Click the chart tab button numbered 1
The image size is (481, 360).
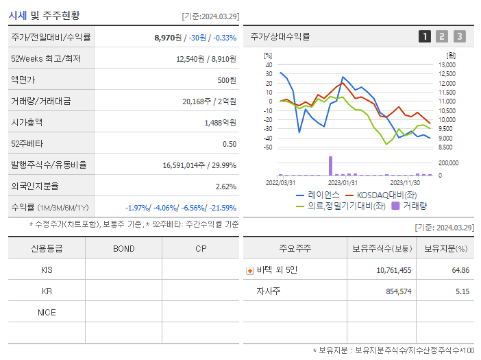pyautogui.click(x=425, y=36)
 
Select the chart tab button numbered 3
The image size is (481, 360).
pyautogui.click(x=459, y=36)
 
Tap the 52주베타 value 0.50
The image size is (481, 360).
pyautogui.click(x=230, y=143)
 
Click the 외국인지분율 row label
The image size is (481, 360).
pyautogui.click(x=34, y=186)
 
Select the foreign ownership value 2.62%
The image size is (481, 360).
pyautogui.click(x=225, y=186)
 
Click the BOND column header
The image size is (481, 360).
pyautogui.click(x=123, y=248)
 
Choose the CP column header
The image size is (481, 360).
pyautogui.click(x=201, y=248)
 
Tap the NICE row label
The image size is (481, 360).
pyautogui.click(x=47, y=312)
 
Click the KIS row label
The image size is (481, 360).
pyautogui.click(x=47, y=269)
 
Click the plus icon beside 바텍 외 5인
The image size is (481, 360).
pyautogui.click(x=250, y=270)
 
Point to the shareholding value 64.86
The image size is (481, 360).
pyautogui.click(x=461, y=270)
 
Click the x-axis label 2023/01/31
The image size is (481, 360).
pyautogui.click(x=343, y=182)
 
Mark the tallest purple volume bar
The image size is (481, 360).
pyautogui.click(x=330, y=165)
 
